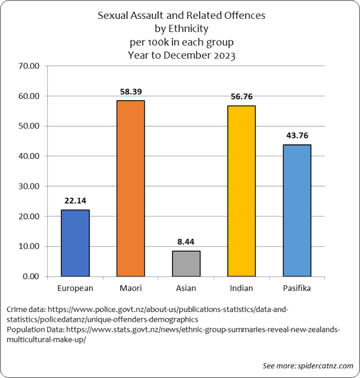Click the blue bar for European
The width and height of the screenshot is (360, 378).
point(75,243)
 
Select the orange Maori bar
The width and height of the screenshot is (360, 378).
point(130,188)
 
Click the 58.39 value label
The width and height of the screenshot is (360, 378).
point(130,90)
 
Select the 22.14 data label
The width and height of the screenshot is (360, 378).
point(75,200)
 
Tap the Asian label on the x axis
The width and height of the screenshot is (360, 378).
point(186,288)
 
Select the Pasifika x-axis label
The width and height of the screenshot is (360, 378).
point(297,288)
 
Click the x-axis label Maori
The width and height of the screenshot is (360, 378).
point(130,288)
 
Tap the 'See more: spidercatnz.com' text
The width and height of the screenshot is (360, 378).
point(308,365)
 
